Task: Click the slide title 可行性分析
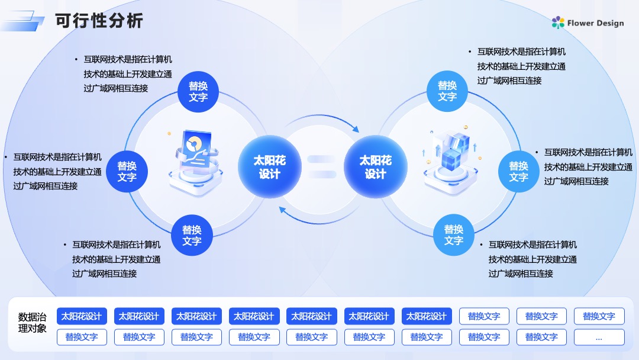click(99, 21)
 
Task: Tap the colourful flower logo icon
click(558, 22)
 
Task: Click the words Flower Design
click(595, 23)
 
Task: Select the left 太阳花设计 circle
click(269, 167)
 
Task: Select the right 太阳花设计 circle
click(375, 167)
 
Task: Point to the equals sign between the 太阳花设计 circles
click(322, 167)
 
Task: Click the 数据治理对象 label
click(32, 323)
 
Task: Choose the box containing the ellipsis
click(599, 337)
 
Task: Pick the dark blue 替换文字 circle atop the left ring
click(198, 92)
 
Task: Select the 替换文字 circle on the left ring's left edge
click(127, 172)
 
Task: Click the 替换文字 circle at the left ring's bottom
click(192, 235)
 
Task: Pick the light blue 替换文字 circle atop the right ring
click(447, 91)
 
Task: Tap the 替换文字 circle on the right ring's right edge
click(519, 172)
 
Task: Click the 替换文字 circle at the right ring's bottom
click(454, 235)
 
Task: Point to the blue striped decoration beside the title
click(22, 21)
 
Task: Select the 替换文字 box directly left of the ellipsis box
click(541, 337)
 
